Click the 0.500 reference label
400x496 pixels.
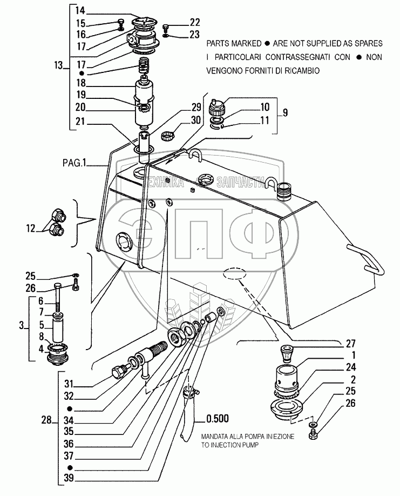pyautogui.click(x=218, y=418)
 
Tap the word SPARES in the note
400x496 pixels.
pyautogui.click(x=369, y=42)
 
